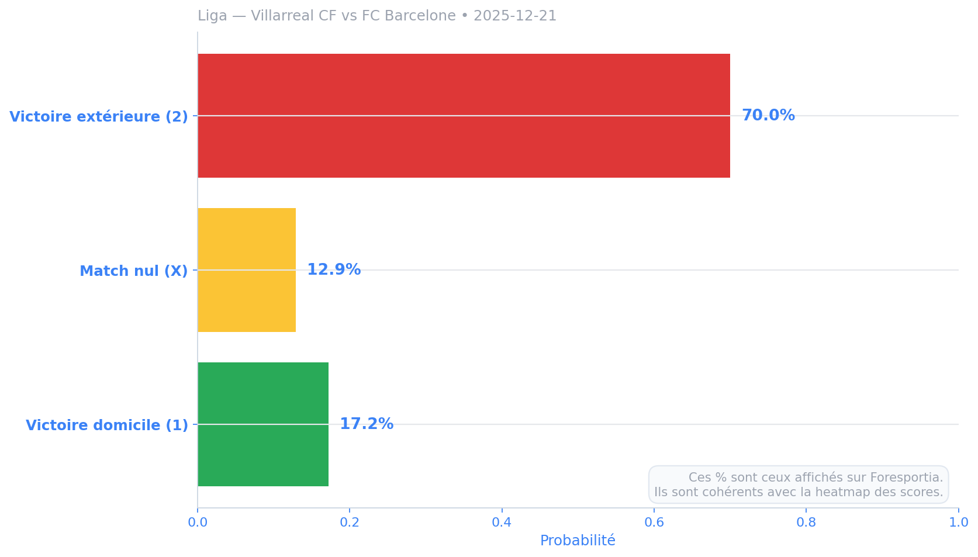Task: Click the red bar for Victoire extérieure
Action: [464, 116]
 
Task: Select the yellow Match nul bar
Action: [247, 270]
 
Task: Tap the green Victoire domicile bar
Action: [263, 424]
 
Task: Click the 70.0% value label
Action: [768, 116]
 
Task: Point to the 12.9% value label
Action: [334, 270]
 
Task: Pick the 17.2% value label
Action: [367, 424]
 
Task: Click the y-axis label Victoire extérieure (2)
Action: [99, 116]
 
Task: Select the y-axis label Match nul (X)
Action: [134, 271]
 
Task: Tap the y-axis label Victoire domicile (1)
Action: [107, 425]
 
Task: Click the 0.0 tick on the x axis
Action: [198, 523]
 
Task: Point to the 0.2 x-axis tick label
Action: [350, 523]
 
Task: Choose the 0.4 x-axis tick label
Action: [502, 523]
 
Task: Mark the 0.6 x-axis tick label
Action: [654, 523]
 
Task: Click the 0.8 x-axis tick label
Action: [806, 523]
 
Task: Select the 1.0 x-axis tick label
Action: [958, 523]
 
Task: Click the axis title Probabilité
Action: [578, 541]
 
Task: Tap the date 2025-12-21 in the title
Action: [515, 16]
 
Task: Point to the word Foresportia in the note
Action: [906, 478]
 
